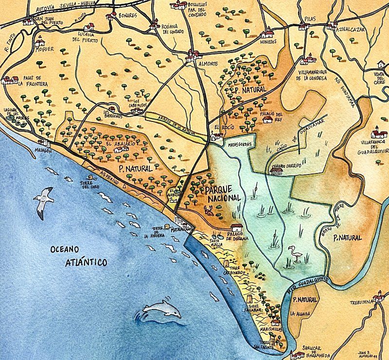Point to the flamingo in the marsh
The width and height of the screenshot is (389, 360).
[x=294, y=254]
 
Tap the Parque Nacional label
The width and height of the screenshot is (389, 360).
[x=222, y=193]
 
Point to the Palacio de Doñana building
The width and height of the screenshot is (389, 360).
[x=237, y=227]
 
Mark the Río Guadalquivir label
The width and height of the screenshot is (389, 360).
[x=309, y=285]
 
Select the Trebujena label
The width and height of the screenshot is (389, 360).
[x=362, y=302]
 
